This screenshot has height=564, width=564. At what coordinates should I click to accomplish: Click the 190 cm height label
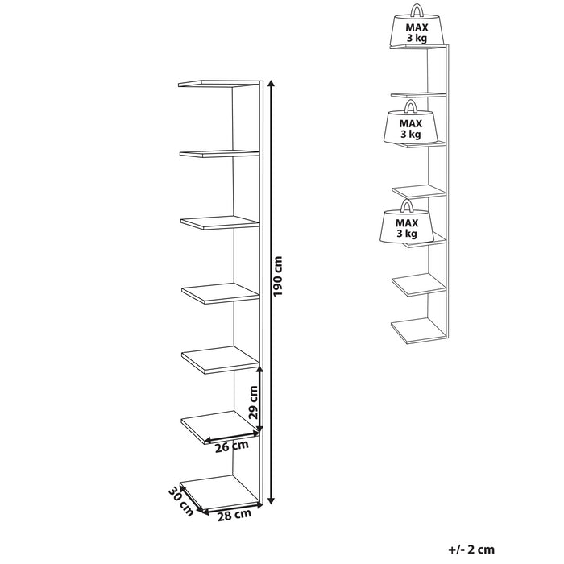pyautogui.click(x=278, y=276)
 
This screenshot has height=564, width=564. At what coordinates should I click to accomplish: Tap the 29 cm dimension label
pyautogui.click(x=254, y=402)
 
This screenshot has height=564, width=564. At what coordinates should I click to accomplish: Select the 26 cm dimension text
pyautogui.click(x=232, y=446)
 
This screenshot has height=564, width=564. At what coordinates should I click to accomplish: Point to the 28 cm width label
pyautogui.click(x=234, y=515)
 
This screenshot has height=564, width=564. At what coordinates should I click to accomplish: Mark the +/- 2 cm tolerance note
pyautogui.click(x=471, y=549)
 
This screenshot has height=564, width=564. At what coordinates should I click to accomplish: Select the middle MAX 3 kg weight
pyautogui.click(x=411, y=124)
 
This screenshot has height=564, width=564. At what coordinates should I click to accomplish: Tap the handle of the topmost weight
pyautogui.click(x=417, y=10)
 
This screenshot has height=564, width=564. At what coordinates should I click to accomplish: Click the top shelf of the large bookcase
pyautogui.click(x=219, y=84)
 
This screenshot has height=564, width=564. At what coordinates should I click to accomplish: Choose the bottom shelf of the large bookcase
pyautogui.click(x=220, y=493)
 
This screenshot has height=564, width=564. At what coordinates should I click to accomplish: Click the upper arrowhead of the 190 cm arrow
pyautogui.click(x=272, y=85)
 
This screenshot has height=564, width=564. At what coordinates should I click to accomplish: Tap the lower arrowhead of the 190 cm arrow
pyautogui.click(x=272, y=500)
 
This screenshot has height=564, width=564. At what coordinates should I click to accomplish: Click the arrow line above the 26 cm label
pyautogui.click(x=232, y=437)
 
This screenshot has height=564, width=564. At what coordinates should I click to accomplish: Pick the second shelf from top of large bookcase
pyautogui.click(x=219, y=154)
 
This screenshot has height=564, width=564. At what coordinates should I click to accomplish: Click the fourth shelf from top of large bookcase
pyautogui.click(x=221, y=293)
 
